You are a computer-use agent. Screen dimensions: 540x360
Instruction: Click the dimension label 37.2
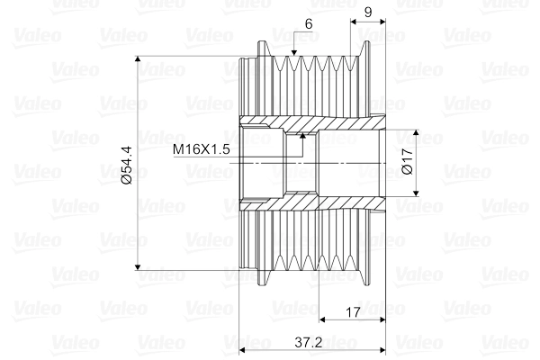(x=308, y=342)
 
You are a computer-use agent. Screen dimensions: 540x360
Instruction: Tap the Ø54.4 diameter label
(x=126, y=165)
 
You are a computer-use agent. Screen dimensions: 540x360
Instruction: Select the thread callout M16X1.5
(x=201, y=149)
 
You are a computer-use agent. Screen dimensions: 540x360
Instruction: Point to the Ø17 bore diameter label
(x=408, y=161)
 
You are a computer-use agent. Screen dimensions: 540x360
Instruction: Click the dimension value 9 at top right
(x=368, y=12)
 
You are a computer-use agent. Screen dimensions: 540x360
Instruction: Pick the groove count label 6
(x=309, y=24)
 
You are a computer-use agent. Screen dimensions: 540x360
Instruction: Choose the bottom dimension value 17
(x=353, y=312)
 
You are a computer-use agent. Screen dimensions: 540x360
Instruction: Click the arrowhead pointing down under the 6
(x=293, y=53)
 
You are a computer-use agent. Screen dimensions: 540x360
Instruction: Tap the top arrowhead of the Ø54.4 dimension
(x=138, y=58)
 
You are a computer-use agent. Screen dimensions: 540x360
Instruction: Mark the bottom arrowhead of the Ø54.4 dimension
(x=138, y=267)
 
